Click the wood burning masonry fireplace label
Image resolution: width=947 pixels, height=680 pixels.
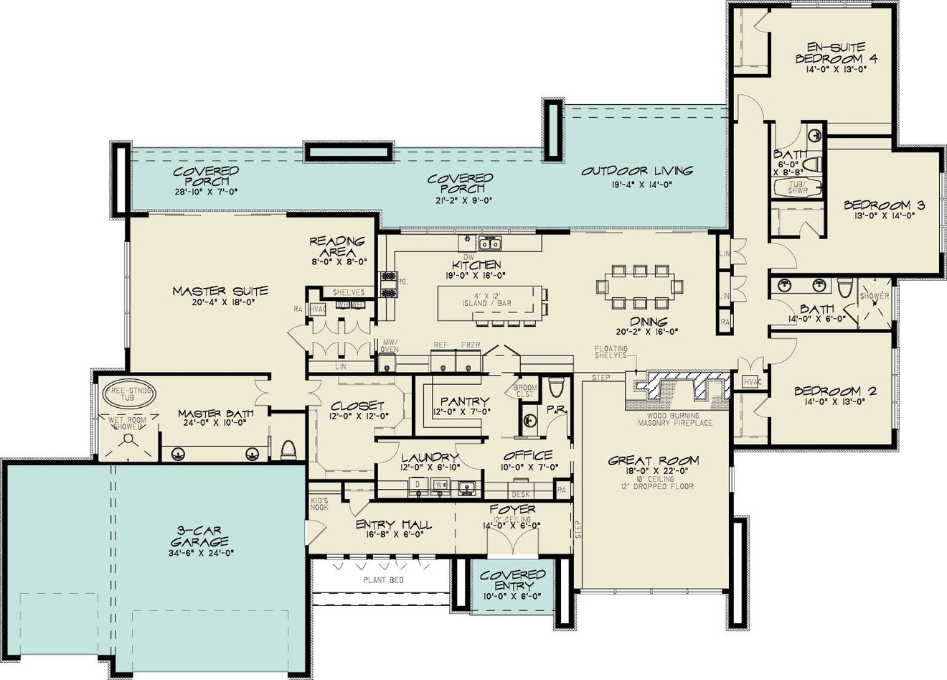[x=675, y=419]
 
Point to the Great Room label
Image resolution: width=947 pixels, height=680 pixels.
[x=653, y=461]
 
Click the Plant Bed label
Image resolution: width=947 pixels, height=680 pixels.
[x=383, y=579]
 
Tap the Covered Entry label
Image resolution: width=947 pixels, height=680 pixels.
[x=513, y=580]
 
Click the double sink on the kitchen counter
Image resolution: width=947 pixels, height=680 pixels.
[x=490, y=242]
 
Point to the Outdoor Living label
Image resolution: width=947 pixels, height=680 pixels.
[x=637, y=171]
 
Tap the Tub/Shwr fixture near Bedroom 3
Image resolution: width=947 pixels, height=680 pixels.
[x=798, y=187]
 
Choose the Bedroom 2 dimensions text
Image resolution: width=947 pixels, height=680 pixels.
[x=835, y=403]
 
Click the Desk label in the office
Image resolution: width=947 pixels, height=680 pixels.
[x=520, y=494]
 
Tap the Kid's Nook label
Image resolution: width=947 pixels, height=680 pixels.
[x=319, y=503]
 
